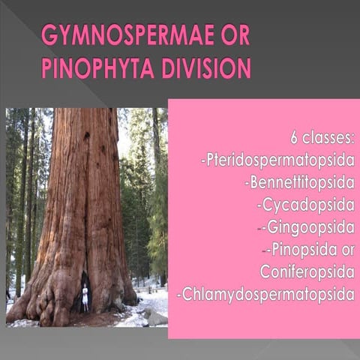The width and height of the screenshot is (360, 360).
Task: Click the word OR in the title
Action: click(x=233, y=35)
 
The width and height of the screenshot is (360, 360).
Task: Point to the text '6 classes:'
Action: click(x=322, y=138)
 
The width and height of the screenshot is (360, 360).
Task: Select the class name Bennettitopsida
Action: click(x=299, y=181)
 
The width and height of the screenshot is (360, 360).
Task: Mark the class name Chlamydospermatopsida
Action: click(x=266, y=293)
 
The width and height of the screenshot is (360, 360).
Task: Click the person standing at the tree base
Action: click(x=85, y=298)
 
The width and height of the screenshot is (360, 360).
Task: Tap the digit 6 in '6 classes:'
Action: click(x=295, y=138)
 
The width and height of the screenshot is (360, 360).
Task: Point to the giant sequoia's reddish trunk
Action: click(x=82, y=187)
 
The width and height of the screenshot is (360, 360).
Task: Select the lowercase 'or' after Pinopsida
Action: click(x=344, y=248)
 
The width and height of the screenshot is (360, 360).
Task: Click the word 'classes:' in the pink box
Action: click(x=329, y=138)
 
